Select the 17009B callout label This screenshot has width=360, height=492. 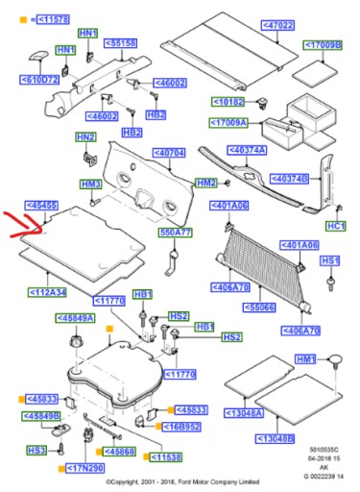323,44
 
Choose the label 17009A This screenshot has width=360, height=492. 230,123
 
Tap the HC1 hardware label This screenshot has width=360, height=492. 334,226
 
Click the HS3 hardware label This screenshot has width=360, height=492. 36,450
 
